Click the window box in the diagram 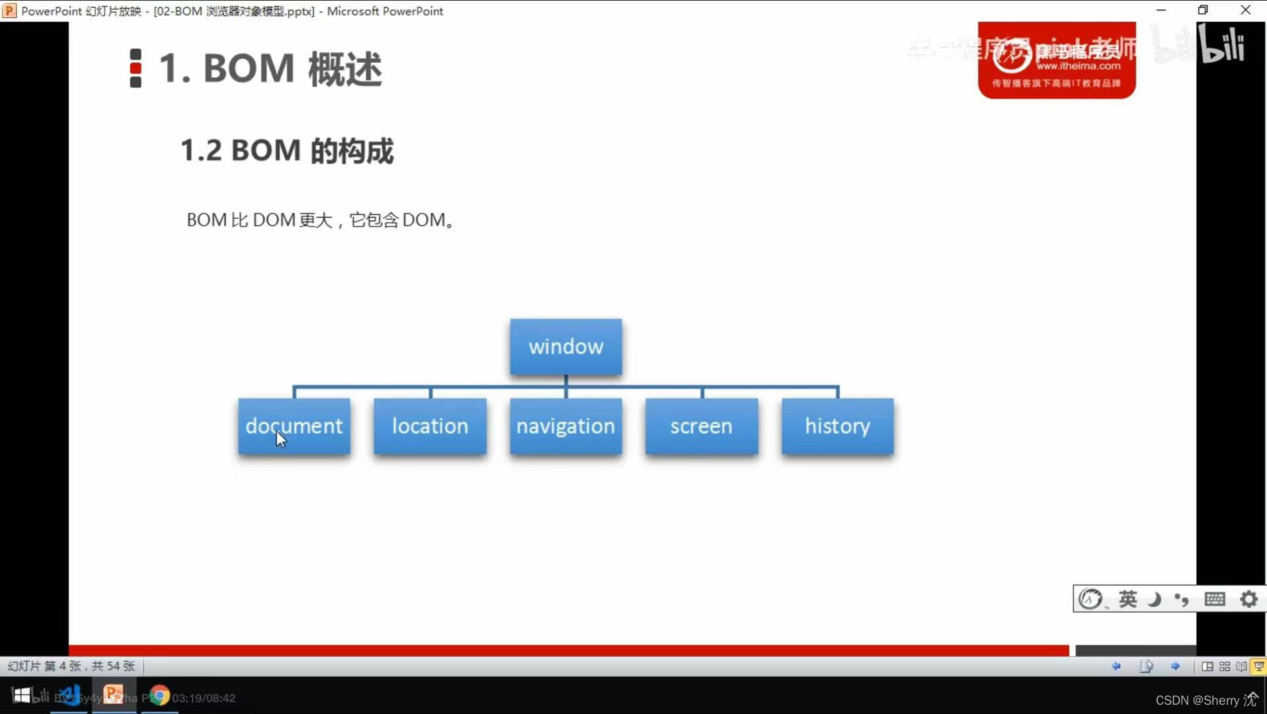click(565, 347)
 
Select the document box click(294, 426)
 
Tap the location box click(430, 426)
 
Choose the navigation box click(565, 426)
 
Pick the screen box click(702, 426)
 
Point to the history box click(837, 426)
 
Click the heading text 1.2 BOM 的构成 click(287, 151)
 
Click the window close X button click(1246, 10)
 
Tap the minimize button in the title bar click(1161, 10)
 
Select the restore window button click(1203, 10)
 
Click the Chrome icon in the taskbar click(159, 695)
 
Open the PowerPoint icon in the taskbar click(114, 695)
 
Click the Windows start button click(22, 695)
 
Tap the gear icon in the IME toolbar click(1248, 599)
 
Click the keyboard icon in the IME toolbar click(1215, 599)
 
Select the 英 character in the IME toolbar click(1127, 599)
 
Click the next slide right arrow click(1175, 666)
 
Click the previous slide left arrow click(1116, 666)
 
